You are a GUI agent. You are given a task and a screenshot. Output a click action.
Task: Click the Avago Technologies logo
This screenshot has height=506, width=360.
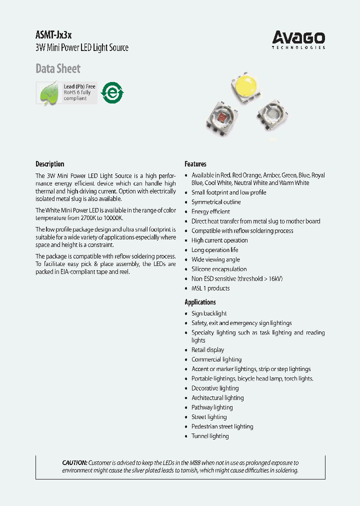tap(298, 39)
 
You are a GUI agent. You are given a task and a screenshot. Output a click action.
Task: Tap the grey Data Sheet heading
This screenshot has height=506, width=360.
tap(58, 68)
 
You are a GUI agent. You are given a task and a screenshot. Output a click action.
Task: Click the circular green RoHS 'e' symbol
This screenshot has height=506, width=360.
tap(112, 92)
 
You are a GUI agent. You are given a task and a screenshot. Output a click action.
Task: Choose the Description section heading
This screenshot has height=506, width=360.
tap(50, 164)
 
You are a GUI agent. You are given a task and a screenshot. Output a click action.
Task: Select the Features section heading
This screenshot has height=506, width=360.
tap(195, 164)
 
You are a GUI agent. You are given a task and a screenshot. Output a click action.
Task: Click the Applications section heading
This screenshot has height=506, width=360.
tap(200, 302)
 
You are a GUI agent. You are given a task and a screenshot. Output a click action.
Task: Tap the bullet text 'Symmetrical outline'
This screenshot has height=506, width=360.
tap(216, 202)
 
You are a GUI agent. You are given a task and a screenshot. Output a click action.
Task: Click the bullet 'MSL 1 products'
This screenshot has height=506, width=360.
tap(210, 288)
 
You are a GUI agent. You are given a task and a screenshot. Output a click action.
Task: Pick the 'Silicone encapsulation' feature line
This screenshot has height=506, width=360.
tap(219, 269)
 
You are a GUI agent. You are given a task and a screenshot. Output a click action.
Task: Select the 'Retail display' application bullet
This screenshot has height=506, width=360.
tap(208, 350)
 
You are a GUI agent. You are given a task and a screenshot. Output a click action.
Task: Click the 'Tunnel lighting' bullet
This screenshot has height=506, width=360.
tap(210, 436)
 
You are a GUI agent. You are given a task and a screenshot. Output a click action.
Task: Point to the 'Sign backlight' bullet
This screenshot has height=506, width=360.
tap(209, 313)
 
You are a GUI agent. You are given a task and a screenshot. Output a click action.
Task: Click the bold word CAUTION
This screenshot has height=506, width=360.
tap(74, 463)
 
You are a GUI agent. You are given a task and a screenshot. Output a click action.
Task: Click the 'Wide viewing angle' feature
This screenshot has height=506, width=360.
tap(215, 259)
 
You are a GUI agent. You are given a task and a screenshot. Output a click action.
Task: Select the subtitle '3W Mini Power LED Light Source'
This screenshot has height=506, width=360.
tap(82, 48)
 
